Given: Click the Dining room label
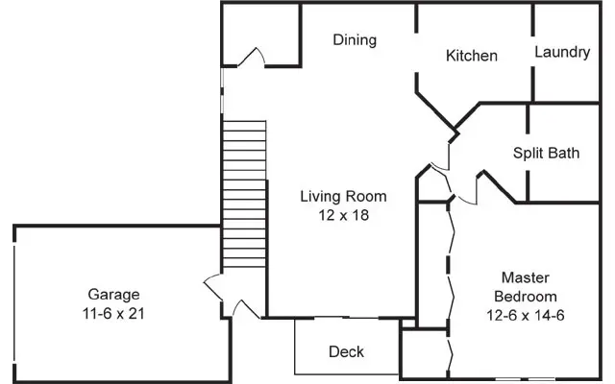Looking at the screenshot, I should (x=355, y=40).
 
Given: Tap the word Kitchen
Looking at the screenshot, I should (x=472, y=56).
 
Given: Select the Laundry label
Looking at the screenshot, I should (x=562, y=52).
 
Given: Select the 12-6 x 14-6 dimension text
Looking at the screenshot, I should (x=524, y=314).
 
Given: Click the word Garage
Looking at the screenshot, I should (x=113, y=294).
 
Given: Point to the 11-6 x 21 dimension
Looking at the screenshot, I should (x=113, y=313).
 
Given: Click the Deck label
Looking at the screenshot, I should (x=346, y=351).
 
